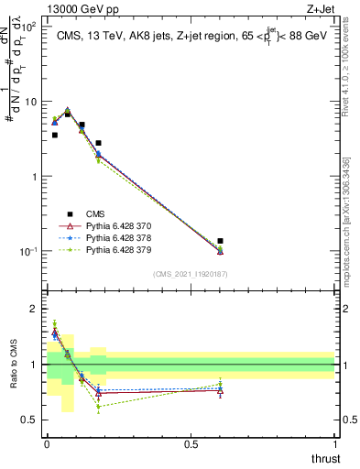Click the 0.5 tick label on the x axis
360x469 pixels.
[191, 444]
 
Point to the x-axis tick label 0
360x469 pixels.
[47, 444]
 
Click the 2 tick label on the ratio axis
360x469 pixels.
[34, 309]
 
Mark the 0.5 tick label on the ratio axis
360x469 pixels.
[30, 420]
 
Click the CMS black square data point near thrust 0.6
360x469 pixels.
[220, 241]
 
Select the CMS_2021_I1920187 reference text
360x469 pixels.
[191, 274]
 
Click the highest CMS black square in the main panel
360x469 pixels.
[68, 115]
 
